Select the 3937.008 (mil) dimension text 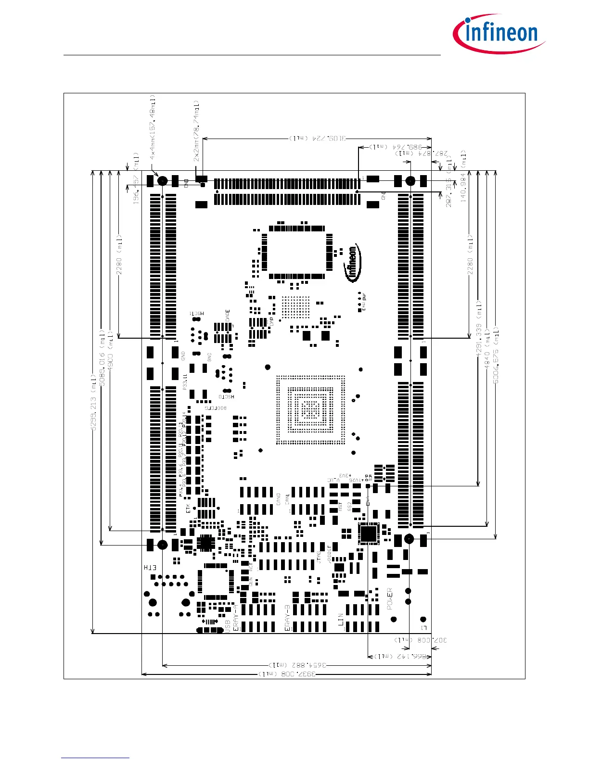point(287,674)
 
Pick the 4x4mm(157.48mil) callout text point(153,127)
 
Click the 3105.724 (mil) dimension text point(317,139)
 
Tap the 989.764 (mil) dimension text point(395,146)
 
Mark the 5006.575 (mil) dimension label point(496,355)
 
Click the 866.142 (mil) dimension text point(400,656)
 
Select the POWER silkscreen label point(390,599)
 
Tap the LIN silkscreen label point(341,619)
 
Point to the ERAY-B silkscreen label point(287,618)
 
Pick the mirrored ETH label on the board point(150,568)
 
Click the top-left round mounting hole point(163,181)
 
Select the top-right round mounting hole point(410,181)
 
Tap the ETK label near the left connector point(188,508)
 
